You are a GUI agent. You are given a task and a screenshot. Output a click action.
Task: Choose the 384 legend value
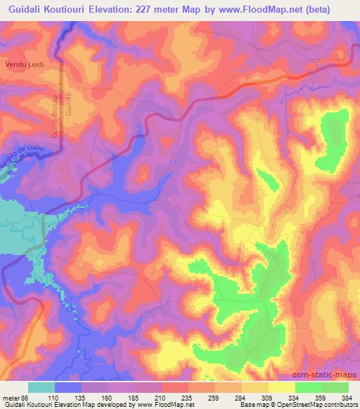(347, 397)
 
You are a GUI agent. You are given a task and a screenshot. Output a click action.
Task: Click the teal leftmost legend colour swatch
(41, 387)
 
